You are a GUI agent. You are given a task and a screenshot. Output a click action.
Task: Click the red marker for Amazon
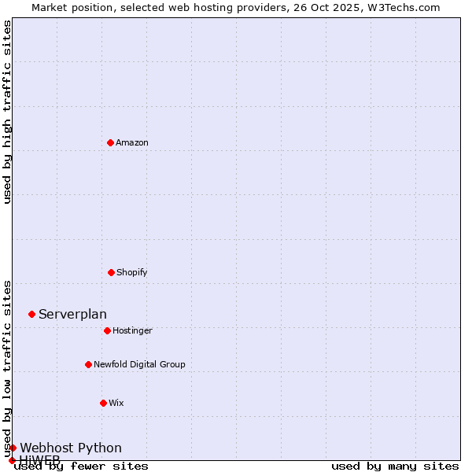click(x=110, y=142)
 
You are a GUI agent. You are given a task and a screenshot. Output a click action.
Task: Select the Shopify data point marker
click(x=111, y=272)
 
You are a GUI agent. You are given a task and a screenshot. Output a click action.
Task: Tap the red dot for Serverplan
click(x=31, y=314)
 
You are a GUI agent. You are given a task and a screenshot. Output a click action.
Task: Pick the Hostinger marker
click(x=107, y=330)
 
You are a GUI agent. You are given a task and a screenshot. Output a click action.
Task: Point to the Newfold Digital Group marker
click(x=88, y=364)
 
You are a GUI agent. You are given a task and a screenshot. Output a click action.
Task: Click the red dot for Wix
click(x=103, y=403)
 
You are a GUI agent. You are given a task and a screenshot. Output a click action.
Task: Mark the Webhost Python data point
click(x=13, y=448)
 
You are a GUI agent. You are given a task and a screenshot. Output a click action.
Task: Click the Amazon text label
click(x=132, y=142)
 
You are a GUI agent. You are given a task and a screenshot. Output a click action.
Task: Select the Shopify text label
click(x=132, y=272)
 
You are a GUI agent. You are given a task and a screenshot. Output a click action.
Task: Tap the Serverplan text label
click(x=72, y=315)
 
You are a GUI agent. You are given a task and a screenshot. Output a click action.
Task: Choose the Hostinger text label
click(x=132, y=330)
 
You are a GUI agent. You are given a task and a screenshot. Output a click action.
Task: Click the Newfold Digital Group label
click(x=139, y=364)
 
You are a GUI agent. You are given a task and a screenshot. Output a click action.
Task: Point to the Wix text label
click(x=116, y=403)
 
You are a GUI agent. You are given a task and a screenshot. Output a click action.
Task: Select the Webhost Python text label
click(x=71, y=448)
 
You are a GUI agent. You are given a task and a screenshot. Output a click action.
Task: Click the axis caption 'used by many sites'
click(x=395, y=466)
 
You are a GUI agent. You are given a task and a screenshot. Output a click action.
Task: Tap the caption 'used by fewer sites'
click(x=81, y=466)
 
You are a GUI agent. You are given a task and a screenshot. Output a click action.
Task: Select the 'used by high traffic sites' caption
click(x=7, y=112)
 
